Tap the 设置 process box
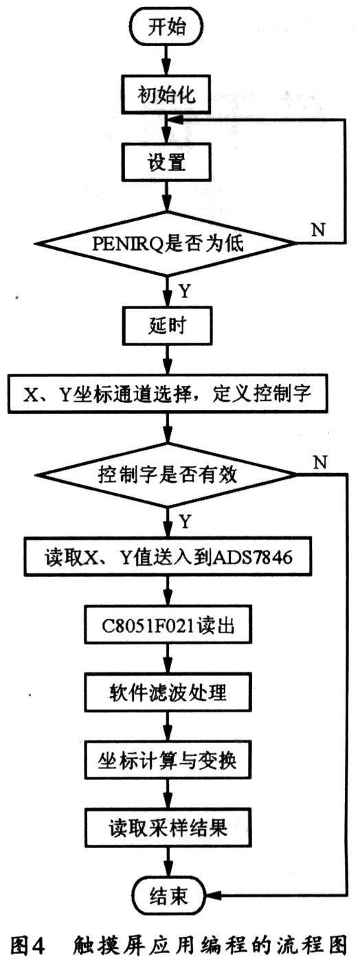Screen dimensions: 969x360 pos(164,164)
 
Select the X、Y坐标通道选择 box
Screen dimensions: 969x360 pos(166,397)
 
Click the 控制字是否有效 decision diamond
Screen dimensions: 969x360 pos(164,475)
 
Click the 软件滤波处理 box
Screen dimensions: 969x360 pos(164,698)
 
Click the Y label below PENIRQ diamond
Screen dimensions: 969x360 pos(184,290)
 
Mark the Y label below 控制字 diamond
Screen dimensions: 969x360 pos(184,523)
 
